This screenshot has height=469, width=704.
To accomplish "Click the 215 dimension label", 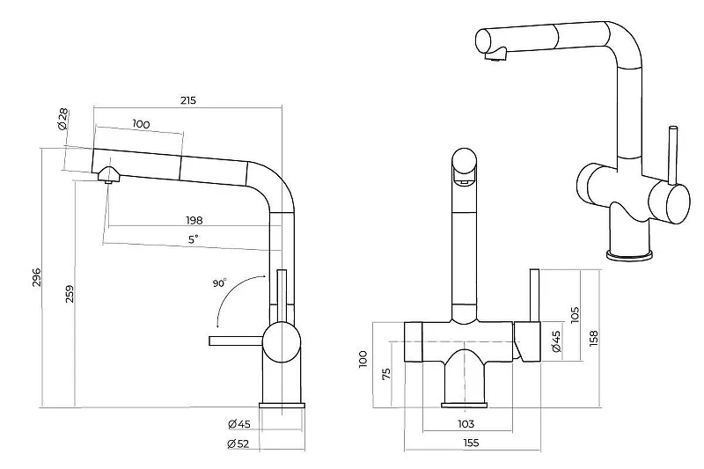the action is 188,100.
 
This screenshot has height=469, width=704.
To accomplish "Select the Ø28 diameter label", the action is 62,119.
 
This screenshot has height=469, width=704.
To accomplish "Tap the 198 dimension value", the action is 194,220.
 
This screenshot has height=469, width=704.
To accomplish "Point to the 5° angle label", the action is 193,239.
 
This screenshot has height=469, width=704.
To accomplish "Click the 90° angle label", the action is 219,283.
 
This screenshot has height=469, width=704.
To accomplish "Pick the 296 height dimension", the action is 36,277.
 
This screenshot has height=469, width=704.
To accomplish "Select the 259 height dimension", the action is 70,294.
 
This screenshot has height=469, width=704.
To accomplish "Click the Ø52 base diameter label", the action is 238,443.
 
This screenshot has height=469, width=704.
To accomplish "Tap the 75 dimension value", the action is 386,373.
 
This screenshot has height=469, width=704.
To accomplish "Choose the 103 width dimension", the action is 466,423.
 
